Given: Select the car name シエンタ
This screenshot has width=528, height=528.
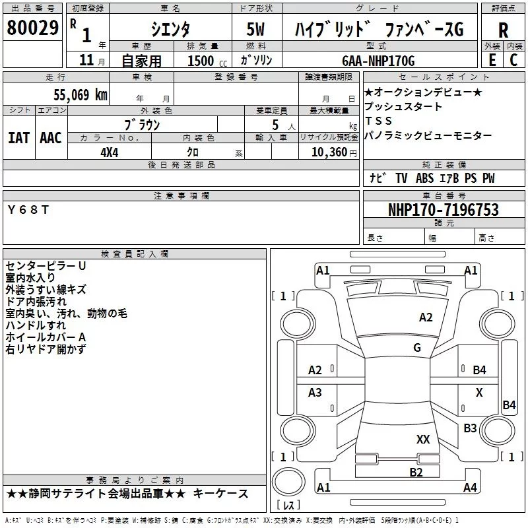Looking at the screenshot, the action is [x=170, y=30].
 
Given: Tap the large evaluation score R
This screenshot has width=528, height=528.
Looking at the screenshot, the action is [x=503, y=30].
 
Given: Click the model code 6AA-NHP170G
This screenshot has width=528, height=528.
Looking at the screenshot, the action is [x=378, y=61].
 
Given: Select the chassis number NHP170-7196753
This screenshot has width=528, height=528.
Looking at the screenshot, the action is [x=443, y=210].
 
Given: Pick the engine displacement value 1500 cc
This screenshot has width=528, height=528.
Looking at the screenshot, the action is [x=201, y=61].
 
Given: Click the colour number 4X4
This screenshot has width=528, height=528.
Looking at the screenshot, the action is [x=109, y=152].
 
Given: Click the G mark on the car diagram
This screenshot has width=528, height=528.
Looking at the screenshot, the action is [x=417, y=348].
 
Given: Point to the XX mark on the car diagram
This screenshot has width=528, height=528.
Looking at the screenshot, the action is [x=423, y=439].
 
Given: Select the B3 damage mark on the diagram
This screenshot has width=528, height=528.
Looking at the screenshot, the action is [x=470, y=428].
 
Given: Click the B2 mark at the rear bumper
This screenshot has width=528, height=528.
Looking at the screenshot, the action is [x=416, y=471].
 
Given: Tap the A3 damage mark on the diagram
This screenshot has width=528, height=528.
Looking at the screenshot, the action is [x=315, y=393].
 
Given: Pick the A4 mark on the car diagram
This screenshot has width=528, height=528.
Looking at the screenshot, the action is [x=470, y=488].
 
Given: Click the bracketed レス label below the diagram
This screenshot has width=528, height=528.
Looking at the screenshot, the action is [x=288, y=506].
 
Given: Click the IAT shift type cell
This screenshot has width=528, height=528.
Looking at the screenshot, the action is [x=18, y=137].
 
